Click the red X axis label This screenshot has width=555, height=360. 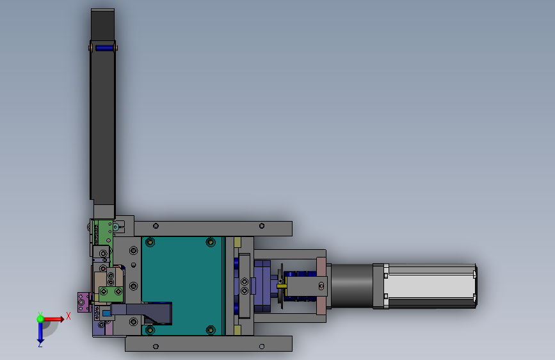click(68, 316)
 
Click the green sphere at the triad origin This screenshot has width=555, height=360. click(40, 319)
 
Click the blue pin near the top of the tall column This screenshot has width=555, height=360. click(104, 48)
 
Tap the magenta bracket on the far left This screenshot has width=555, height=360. click(83, 302)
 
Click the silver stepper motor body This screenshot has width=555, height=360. click(430, 286)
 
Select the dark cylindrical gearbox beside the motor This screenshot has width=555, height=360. click(351, 286)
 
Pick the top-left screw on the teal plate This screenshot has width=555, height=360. click(150, 242)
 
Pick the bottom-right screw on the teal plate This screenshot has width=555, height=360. click(211, 330)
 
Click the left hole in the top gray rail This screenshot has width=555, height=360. click(156, 226)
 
